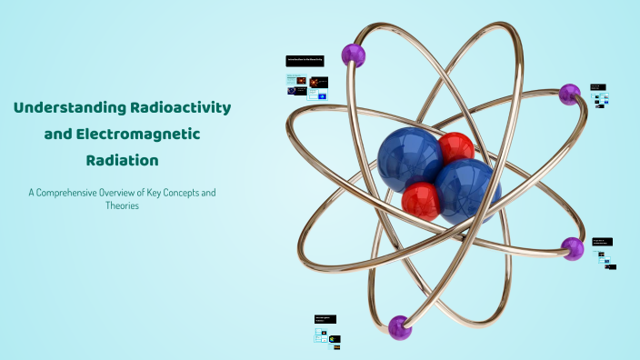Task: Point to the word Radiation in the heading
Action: pyautogui.click(x=122, y=160)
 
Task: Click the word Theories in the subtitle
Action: pyautogui.click(x=122, y=205)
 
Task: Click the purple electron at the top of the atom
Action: pyautogui.click(x=353, y=55)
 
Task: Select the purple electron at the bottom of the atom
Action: pyautogui.click(x=400, y=326)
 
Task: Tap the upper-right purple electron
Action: pyautogui.click(x=570, y=93)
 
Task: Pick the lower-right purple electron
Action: pyautogui.click(x=573, y=247)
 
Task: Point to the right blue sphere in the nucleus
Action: pyautogui.click(x=466, y=191)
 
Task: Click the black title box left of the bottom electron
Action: pyautogui.click(x=325, y=319)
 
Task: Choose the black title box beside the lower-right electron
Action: pyautogui.click(x=602, y=242)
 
